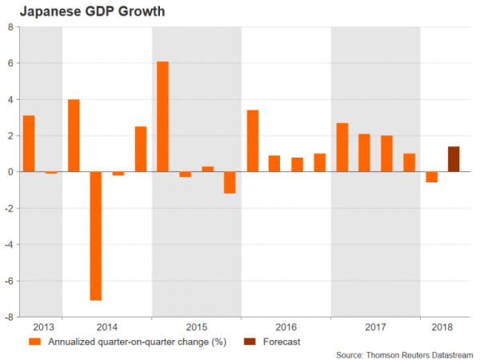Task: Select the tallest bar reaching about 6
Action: pyautogui.click(x=162, y=117)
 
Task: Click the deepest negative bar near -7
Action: pyautogui.click(x=95, y=235)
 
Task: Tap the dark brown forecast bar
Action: pyautogui.click(x=453, y=159)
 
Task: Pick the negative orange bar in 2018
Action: pyautogui.click(x=431, y=177)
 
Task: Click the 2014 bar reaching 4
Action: pyautogui.click(x=74, y=135)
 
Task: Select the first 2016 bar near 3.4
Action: pyautogui.click(x=252, y=141)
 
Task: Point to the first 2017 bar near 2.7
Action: pyautogui.click(x=342, y=147)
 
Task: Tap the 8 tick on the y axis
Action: pyautogui.click(x=10, y=26)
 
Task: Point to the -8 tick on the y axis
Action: pyautogui.click(x=9, y=317)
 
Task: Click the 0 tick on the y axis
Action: pyautogui.click(x=10, y=172)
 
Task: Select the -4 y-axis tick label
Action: pyautogui.click(x=9, y=244)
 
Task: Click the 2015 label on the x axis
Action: pyautogui.click(x=196, y=327)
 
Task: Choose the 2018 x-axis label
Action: pyautogui.click(x=442, y=327)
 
